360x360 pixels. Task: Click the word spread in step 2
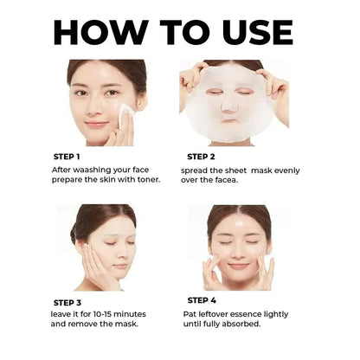click(200, 170)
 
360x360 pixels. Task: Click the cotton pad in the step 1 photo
click(125, 112)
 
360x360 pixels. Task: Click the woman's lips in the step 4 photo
click(239, 265)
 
